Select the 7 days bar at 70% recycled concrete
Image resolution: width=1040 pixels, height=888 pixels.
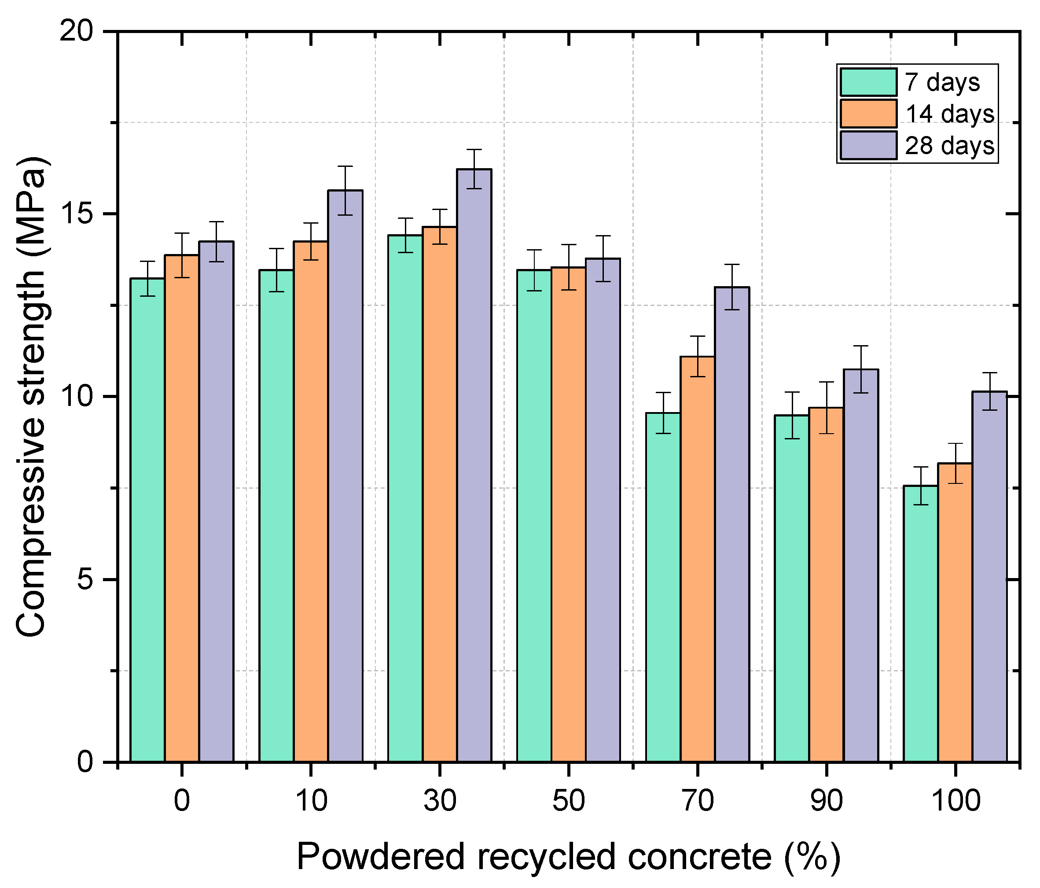coord(662,587)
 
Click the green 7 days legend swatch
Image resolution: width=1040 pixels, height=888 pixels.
coord(868,82)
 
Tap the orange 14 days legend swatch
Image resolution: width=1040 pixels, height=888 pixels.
coord(868,114)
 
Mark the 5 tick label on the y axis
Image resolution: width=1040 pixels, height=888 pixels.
coord(85,579)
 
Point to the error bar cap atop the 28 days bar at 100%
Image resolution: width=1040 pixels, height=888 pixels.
coord(989,372)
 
